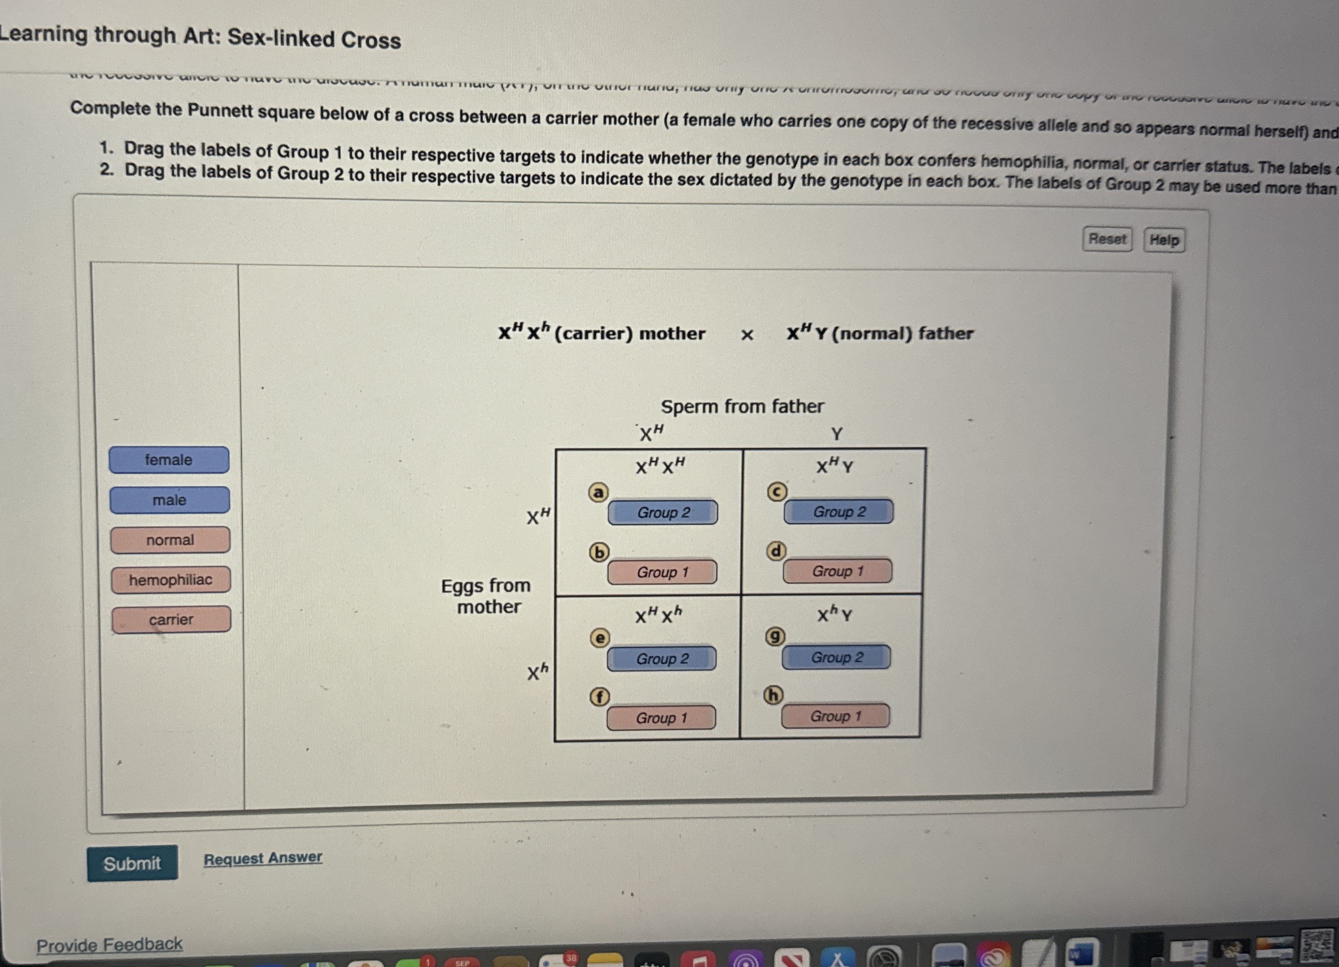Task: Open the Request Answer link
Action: pos(263,858)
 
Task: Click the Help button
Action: pos(1164,240)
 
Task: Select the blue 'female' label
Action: pos(169,460)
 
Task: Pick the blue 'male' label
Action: pos(169,500)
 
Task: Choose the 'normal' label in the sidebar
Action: pos(170,540)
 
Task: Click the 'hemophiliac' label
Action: pos(171,580)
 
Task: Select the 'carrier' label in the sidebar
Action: pos(171,619)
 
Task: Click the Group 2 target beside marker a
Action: pos(663,512)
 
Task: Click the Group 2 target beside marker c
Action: pos(839,511)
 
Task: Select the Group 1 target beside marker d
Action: pos(838,571)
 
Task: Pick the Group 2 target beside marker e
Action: pos(662,659)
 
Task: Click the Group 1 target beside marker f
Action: pos(661,718)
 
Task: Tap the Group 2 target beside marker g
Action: pos(837,657)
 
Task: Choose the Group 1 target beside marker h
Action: pos(835,716)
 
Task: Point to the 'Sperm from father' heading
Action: pos(742,407)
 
